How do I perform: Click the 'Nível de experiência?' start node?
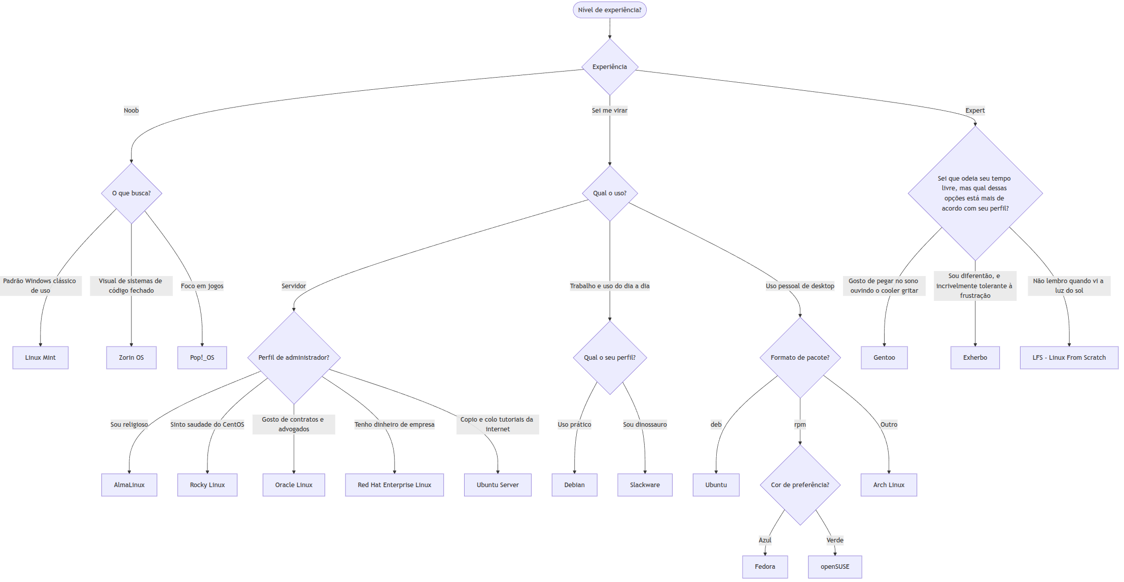point(609,10)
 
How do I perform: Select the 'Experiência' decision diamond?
point(609,67)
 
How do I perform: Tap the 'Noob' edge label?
point(131,111)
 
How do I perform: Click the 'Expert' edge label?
point(974,111)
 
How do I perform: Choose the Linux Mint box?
point(41,358)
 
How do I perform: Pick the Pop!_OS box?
point(202,358)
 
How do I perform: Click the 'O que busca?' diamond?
point(131,193)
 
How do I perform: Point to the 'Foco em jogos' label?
point(202,286)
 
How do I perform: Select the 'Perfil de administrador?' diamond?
point(294,358)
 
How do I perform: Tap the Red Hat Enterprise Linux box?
point(394,485)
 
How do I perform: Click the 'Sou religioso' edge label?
point(129,425)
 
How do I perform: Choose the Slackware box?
point(645,485)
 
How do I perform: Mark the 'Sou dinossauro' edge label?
point(645,425)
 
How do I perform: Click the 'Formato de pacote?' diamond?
point(800,358)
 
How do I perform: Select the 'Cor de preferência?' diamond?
point(800,485)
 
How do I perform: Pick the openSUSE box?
point(834,567)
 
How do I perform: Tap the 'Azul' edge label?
point(765,540)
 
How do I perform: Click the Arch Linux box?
point(889,485)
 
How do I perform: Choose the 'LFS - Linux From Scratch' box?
point(1069,358)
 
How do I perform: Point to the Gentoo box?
point(884,358)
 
